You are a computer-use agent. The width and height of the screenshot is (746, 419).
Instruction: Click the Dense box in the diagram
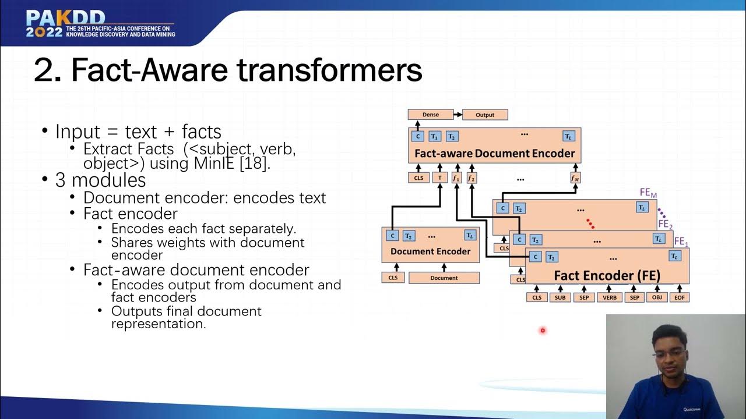click(431, 115)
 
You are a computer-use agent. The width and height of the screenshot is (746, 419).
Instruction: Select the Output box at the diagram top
click(485, 115)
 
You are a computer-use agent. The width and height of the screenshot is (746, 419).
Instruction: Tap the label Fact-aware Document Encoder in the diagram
click(494, 154)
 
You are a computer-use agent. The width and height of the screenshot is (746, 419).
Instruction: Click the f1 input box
click(456, 178)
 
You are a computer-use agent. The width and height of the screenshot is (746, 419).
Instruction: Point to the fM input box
click(575, 178)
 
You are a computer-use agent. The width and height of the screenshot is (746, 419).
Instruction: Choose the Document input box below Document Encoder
click(444, 278)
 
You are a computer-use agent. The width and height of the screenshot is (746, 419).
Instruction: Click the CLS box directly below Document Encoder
click(393, 278)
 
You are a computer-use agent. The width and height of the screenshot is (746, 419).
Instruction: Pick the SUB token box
click(560, 297)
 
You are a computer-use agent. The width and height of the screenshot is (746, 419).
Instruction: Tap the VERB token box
click(610, 297)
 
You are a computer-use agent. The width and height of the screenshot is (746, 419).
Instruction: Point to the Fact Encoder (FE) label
click(607, 276)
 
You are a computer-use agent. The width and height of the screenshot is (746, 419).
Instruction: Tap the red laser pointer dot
click(543, 331)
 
